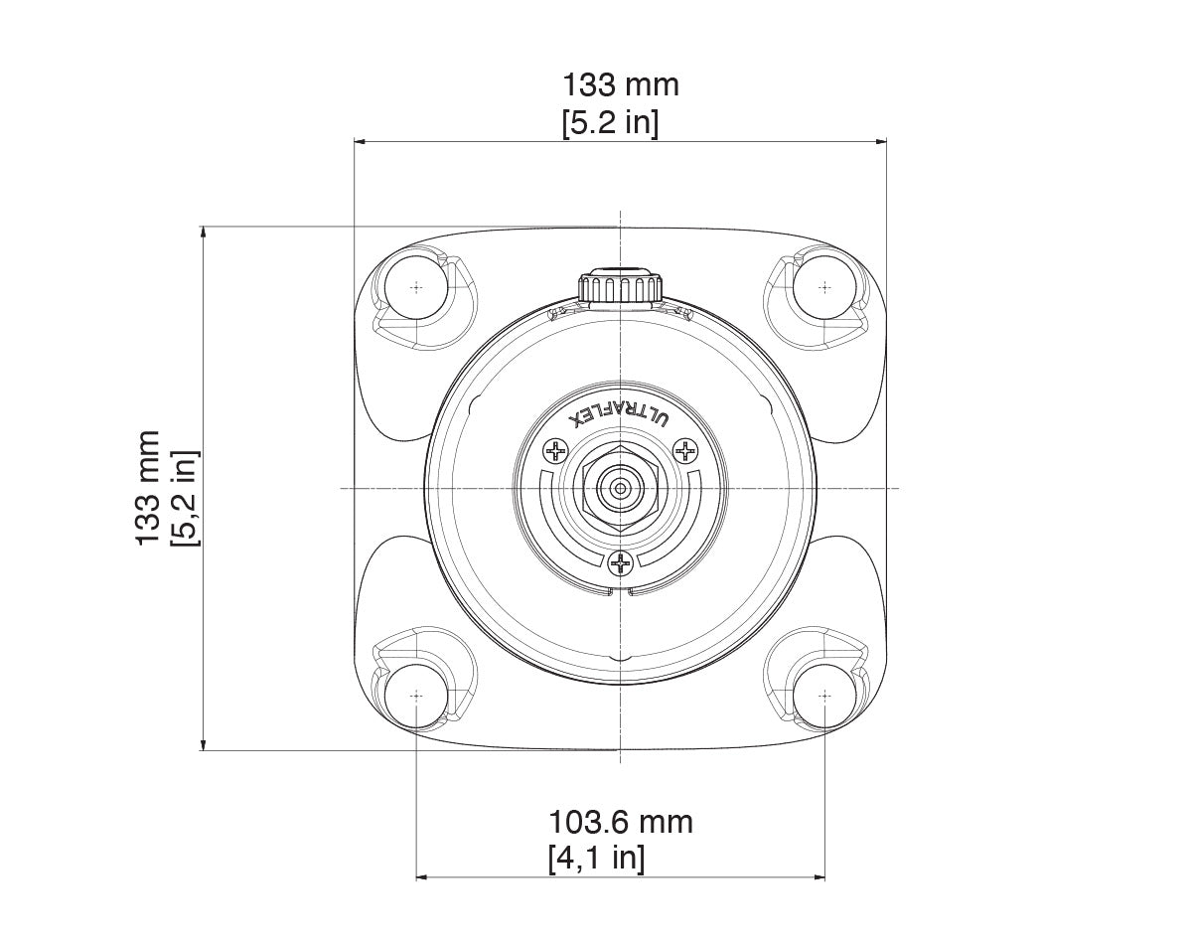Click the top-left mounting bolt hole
(x=415, y=286)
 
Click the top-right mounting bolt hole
(x=823, y=286)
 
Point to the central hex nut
(x=620, y=488)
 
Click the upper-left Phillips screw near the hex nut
(x=554, y=452)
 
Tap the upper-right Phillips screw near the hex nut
(x=685, y=452)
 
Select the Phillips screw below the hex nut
(x=621, y=565)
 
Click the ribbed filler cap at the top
(x=620, y=286)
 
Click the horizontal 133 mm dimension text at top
(x=621, y=85)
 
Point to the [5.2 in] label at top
(x=610, y=123)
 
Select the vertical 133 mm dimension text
(x=148, y=487)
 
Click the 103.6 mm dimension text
(x=621, y=822)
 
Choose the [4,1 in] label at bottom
(x=596, y=858)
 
